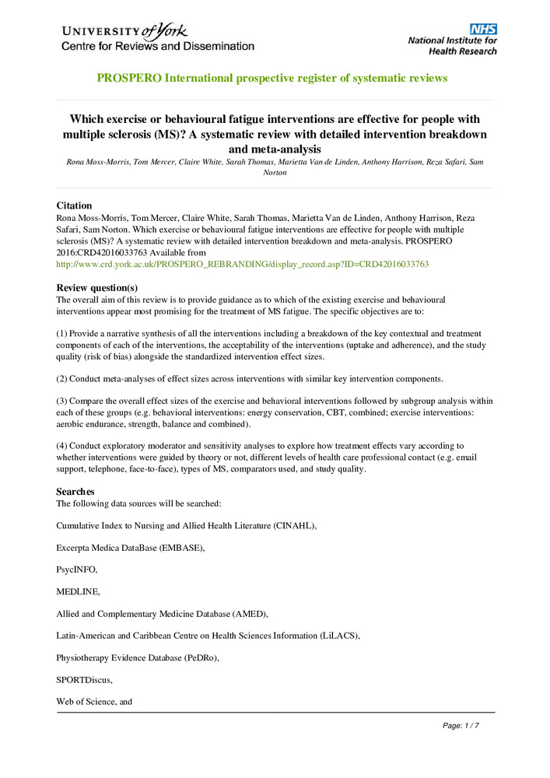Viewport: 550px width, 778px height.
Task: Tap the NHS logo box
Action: coord(482,29)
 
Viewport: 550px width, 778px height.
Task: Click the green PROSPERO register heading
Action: coord(272,78)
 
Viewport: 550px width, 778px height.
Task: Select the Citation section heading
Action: coord(74,205)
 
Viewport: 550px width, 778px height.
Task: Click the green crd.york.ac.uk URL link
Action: coord(243,265)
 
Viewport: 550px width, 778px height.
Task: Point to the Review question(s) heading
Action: coord(97,287)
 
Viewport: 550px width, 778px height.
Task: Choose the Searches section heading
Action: coord(75,491)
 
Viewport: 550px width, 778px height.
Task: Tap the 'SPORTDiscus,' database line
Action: coord(84,680)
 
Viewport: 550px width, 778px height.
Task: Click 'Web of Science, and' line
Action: coord(94,702)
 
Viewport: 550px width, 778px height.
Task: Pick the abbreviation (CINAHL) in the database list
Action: coord(294,526)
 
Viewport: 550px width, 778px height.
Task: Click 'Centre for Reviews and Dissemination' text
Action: coord(158,46)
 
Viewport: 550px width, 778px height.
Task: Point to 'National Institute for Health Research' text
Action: coord(452,46)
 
